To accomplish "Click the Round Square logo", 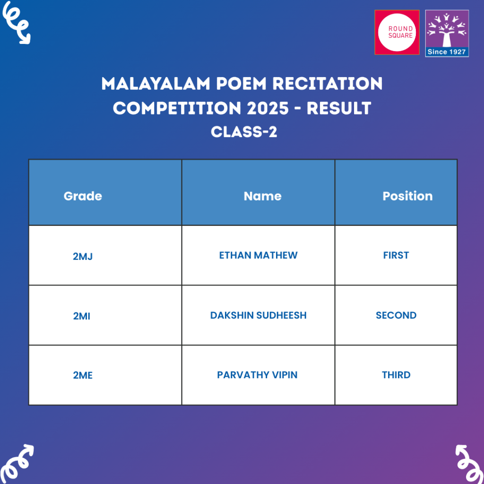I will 397,32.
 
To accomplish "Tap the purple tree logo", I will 447,29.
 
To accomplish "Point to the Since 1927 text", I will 447,52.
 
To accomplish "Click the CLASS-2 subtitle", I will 244,132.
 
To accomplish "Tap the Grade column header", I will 83,196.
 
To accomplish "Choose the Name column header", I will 262,196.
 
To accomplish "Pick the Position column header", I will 407,196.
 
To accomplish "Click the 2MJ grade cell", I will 82,257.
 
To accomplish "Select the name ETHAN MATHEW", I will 258,255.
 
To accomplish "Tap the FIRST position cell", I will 396,255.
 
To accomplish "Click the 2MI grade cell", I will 82,316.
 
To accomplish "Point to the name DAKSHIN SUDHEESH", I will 258,315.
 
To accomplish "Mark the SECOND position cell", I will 396,315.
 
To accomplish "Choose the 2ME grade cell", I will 83,376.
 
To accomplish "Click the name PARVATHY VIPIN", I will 257,375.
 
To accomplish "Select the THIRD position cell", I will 396,375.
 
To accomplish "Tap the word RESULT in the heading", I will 339,108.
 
